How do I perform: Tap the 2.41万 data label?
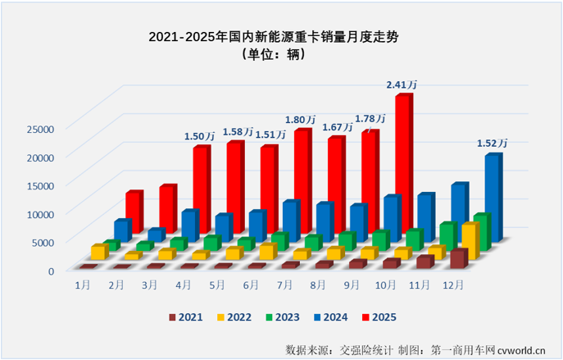(402, 84)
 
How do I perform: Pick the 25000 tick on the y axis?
(39, 128)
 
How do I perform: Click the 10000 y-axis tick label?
(39, 213)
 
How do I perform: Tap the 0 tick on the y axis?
(50, 270)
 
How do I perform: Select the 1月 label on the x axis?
(83, 285)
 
